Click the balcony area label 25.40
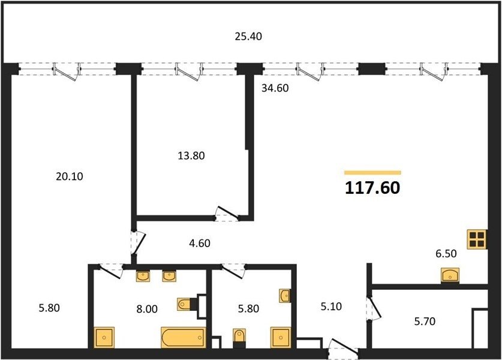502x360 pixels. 248,37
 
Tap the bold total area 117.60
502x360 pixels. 372,188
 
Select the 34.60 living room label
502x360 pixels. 275,88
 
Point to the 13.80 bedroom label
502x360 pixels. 191,155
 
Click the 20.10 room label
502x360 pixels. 70,176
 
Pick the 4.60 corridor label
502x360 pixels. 200,243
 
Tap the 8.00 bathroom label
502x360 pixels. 147,309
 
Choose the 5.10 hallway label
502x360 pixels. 331,307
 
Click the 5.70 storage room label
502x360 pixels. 425,321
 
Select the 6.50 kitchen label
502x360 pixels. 446,254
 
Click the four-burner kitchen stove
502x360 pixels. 477,239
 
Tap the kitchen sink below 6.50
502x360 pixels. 450,275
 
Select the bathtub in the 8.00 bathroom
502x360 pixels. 184,337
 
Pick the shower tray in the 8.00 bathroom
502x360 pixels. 104,337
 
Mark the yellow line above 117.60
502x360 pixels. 372,173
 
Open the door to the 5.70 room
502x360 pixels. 373,308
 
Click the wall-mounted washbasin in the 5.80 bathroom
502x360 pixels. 285,295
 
